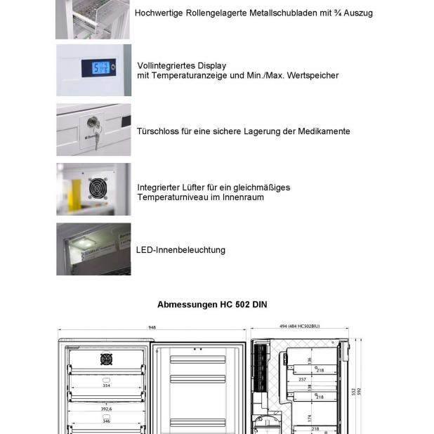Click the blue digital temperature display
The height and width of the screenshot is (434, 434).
pyautogui.click(x=98, y=68)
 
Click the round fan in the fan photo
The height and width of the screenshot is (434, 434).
pyautogui.click(x=97, y=188)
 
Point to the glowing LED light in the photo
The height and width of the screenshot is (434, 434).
pyautogui.click(x=86, y=242)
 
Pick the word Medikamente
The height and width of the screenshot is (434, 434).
pyautogui.click(x=321, y=131)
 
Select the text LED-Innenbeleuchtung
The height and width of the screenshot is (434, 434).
pyautogui.click(x=180, y=250)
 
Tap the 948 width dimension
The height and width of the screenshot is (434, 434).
pyautogui.click(x=152, y=327)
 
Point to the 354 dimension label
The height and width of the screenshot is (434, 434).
pyautogui.click(x=106, y=385)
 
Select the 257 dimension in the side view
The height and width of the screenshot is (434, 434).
pyautogui.click(x=303, y=379)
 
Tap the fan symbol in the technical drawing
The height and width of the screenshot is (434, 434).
pyautogui.click(x=106, y=359)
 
